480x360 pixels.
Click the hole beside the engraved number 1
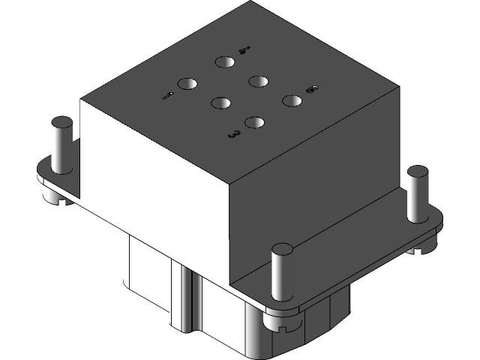(x=187, y=85)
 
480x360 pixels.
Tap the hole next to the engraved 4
(x=224, y=63)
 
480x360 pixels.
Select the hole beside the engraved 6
(x=292, y=99)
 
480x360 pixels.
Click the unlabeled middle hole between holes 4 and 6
(x=259, y=80)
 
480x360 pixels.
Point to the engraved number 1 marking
(x=168, y=95)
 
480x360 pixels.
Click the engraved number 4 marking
(x=243, y=51)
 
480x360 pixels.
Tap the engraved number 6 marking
(x=312, y=91)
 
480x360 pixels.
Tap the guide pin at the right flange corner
(x=416, y=193)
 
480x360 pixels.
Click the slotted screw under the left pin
(x=52, y=198)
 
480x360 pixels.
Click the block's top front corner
(x=229, y=183)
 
